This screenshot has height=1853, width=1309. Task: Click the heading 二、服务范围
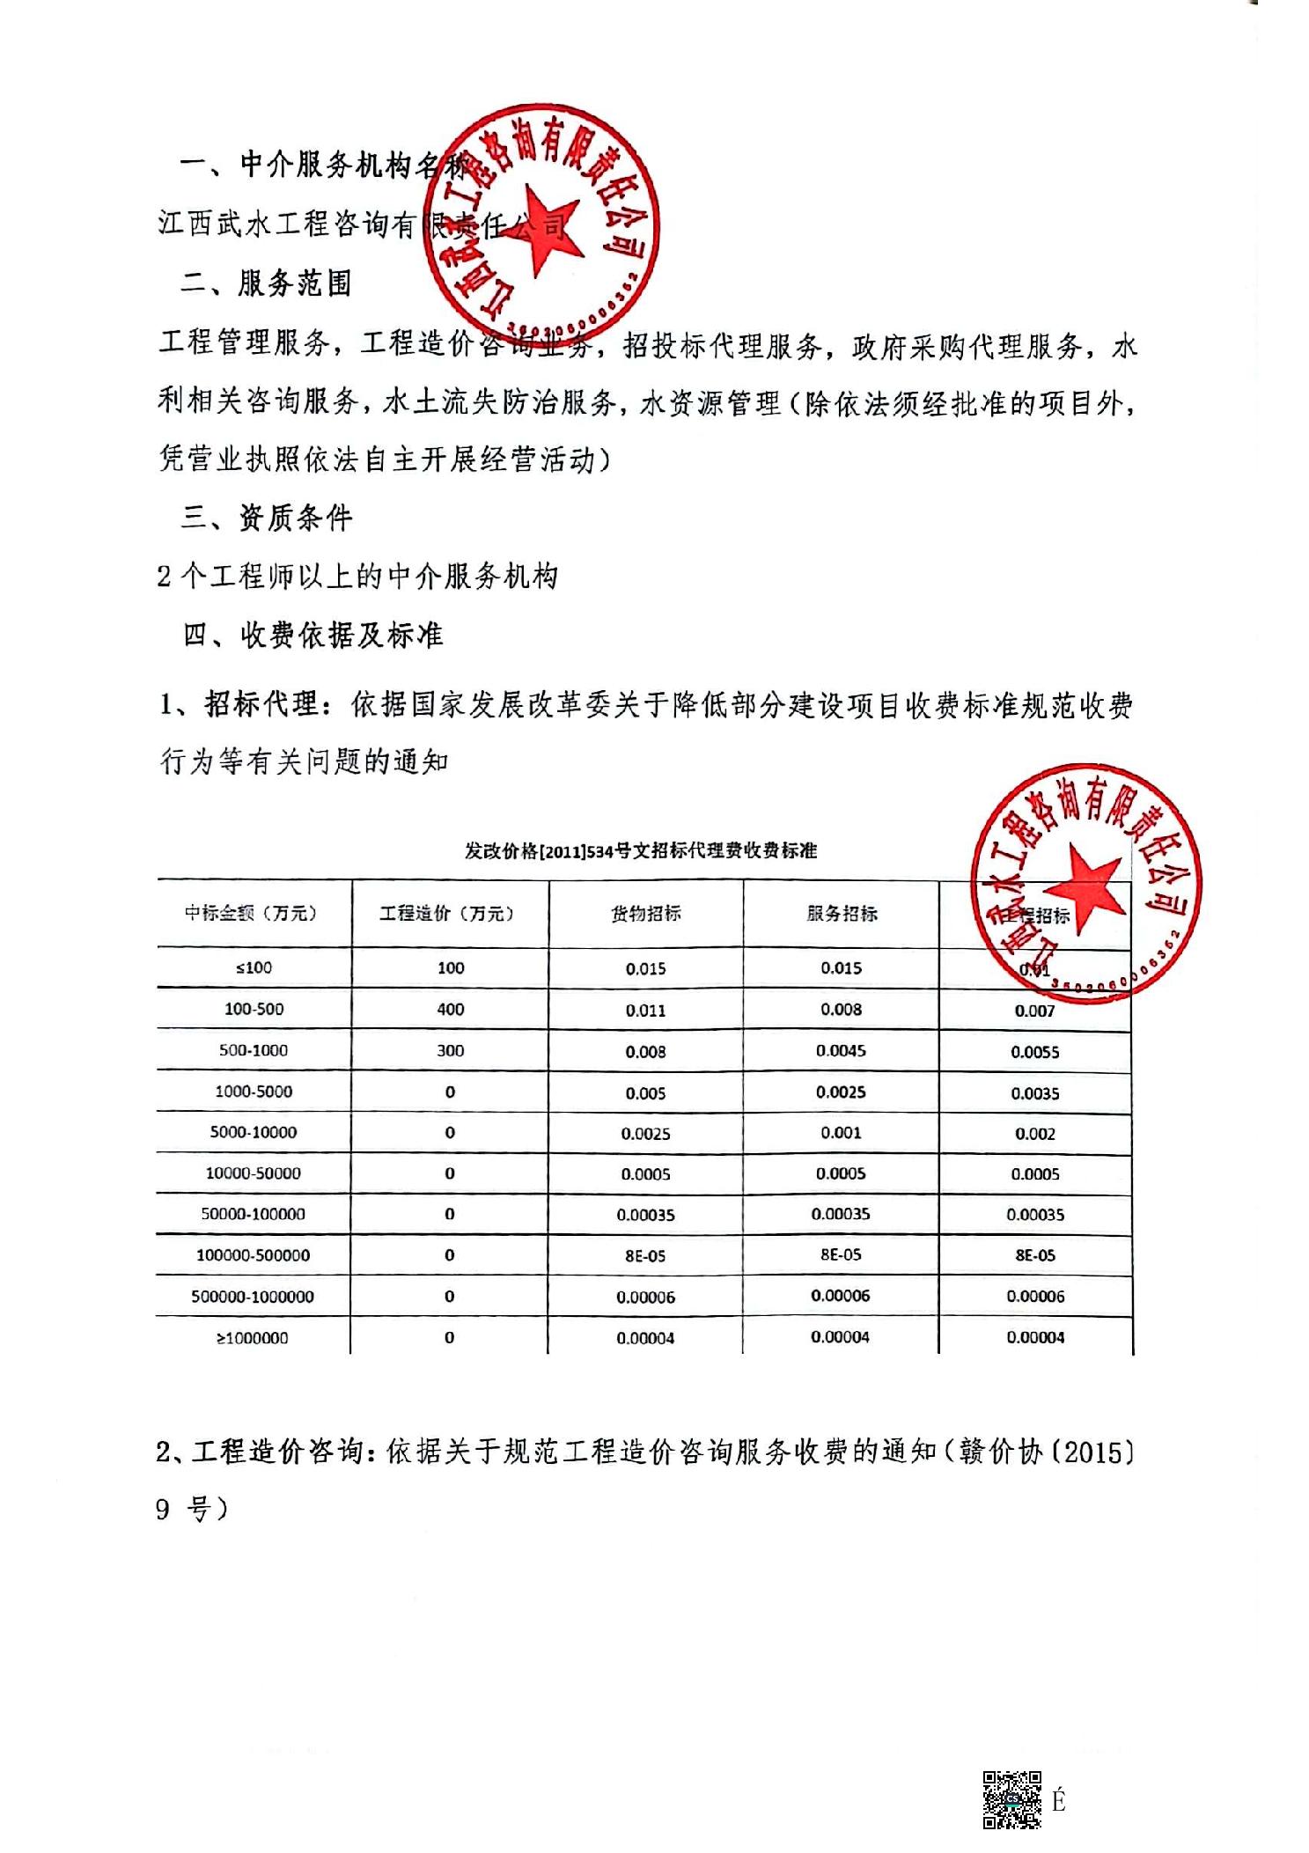point(265,283)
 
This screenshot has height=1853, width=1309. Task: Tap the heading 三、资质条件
point(266,518)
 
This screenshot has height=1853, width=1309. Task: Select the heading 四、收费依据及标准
point(312,635)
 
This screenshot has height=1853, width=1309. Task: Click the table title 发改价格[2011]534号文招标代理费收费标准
point(641,850)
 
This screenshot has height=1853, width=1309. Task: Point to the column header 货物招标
point(645,914)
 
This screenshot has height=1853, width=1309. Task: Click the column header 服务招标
point(842,914)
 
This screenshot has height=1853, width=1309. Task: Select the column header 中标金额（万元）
point(251,913)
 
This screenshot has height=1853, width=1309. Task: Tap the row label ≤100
point(254,967)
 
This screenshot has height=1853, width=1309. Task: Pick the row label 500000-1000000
point(253,1297)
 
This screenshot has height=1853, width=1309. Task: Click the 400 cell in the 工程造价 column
point(450,1009)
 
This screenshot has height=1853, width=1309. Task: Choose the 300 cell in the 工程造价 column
point(450,1050)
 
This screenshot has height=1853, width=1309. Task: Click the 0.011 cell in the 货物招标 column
point(645,1011)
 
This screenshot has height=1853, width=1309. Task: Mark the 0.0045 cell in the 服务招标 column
point(841,1050)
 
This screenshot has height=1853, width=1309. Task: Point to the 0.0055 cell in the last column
point(1034,1052)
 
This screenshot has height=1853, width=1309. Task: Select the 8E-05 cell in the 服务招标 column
point(841,1254)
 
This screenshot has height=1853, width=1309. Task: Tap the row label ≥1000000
point(253,1338)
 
